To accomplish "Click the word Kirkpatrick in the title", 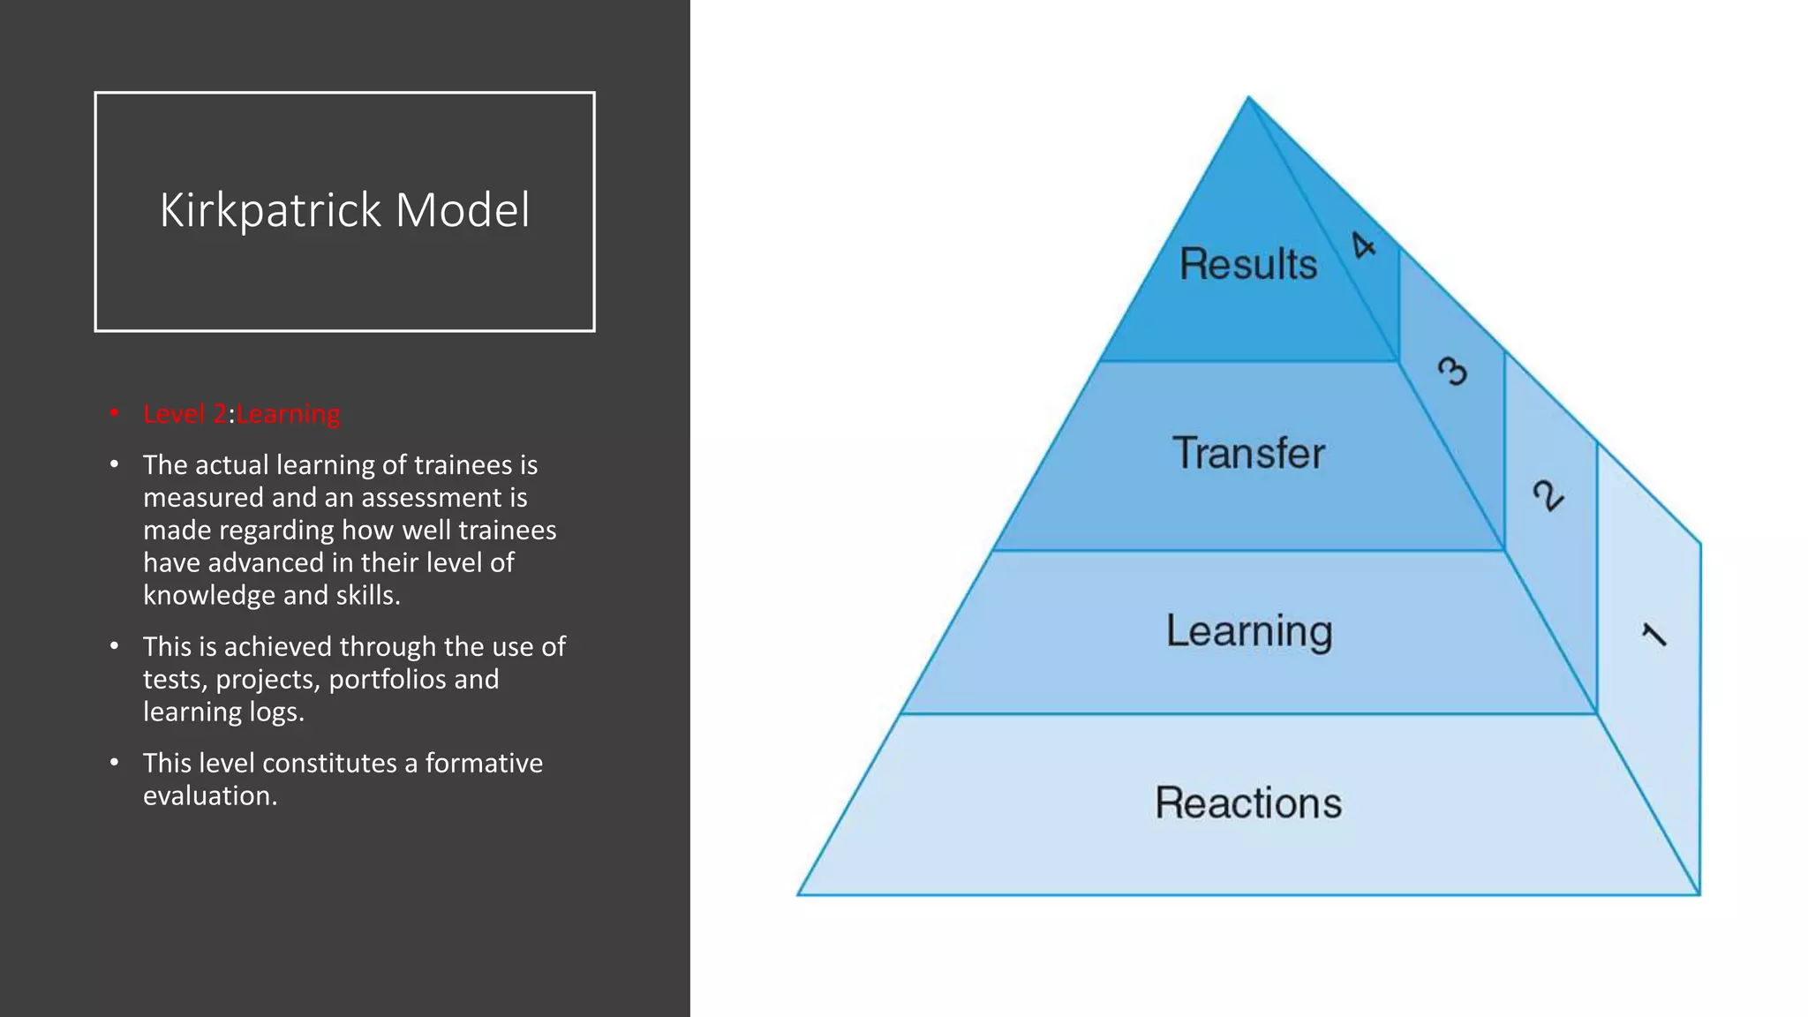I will point(271,211).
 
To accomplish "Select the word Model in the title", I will point(463,211).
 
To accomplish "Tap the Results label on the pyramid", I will point(1247,264).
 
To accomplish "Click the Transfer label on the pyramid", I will point(1248,453).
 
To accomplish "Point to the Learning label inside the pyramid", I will point(1248,631).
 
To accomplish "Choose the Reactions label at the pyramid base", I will point(1248,802).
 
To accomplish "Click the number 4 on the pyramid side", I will point(1364,245).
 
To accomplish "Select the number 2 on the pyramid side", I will point(1548,495).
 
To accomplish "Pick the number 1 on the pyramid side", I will point(1654,635).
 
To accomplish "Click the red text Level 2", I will point(185,414).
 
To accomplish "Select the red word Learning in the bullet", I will point(288,414).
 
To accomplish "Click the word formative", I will point(484,763).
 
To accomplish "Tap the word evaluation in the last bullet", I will point(209,795).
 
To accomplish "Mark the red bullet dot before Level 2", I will point(114,412).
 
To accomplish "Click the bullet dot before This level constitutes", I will point(114,762).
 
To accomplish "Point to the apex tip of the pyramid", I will point(1248,98).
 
